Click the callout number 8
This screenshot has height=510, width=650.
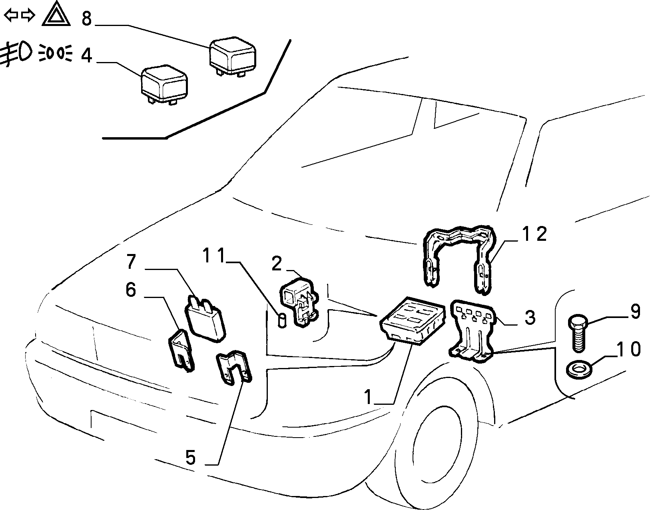click(x=86, y=18)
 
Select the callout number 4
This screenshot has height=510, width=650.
click(x=86, y=55)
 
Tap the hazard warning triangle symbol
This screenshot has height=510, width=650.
click(x=56, y=14)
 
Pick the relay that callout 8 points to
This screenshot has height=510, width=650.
click(x=233, y=56)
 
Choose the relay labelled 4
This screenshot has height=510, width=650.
click(x=165, y=85)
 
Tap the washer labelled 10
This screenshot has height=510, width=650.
click(x=579, y=369)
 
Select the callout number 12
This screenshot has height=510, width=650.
click(x=534, y=234)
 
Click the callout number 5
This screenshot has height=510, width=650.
click(x=191, y=457)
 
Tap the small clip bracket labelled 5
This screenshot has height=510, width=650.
click(x=234, y=367)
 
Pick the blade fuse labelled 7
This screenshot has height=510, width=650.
click(x=206, y=319)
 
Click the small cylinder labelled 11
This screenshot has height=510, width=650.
click(x=282, y=320)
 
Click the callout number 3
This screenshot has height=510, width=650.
click(x=530, y=318)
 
